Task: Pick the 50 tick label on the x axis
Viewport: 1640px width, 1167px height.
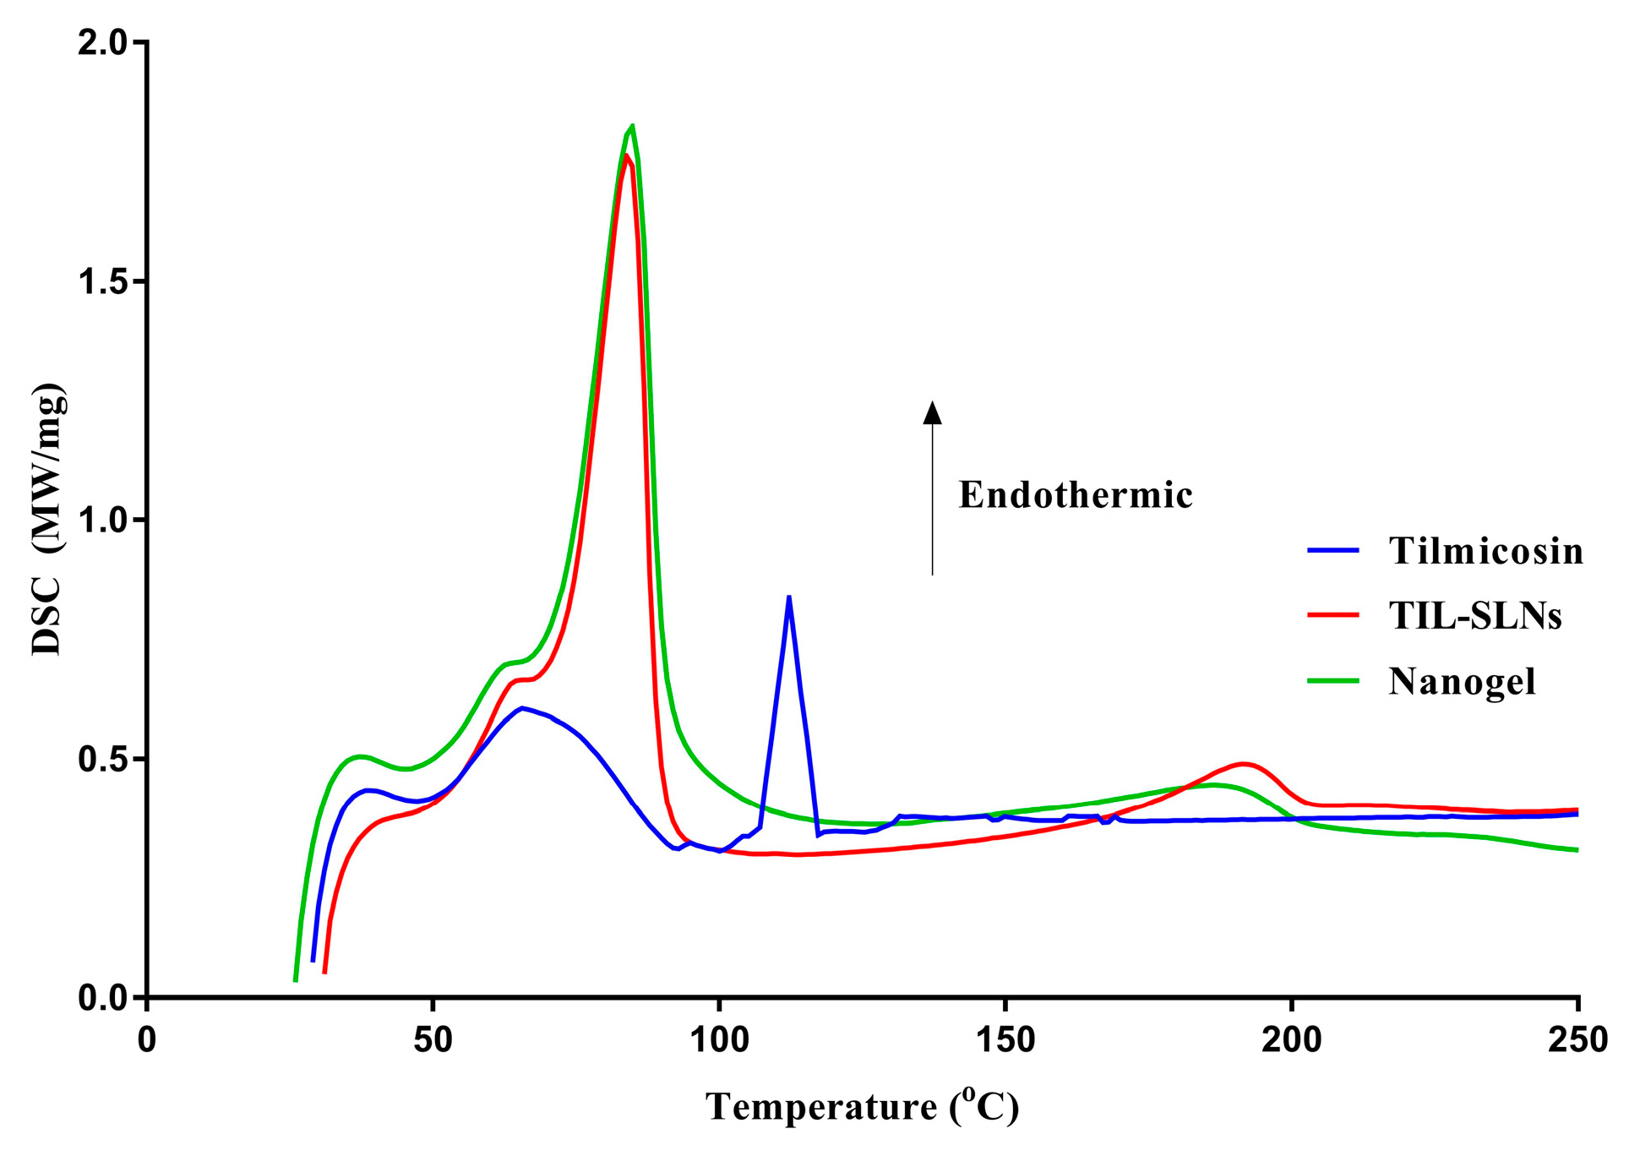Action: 433,1040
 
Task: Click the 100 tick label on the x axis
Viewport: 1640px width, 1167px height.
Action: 719,1040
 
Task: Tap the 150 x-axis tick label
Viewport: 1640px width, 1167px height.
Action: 1005,1040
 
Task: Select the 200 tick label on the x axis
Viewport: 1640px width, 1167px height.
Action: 1291,1040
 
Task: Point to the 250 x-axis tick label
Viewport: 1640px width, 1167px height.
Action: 1577,1040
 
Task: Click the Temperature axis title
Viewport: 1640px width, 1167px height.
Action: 863,1107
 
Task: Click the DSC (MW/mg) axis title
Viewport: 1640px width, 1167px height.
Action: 48,520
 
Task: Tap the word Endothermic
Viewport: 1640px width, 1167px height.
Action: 1075,495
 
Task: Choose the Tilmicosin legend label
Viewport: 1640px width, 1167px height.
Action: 1485,551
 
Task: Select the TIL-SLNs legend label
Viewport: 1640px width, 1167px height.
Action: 1474,616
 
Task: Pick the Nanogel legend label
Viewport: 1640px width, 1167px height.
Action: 1462,681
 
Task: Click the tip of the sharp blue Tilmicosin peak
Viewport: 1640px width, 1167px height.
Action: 788,597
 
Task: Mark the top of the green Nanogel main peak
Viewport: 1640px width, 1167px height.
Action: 632,126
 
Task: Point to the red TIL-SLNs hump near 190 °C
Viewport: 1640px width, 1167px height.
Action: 1243,764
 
